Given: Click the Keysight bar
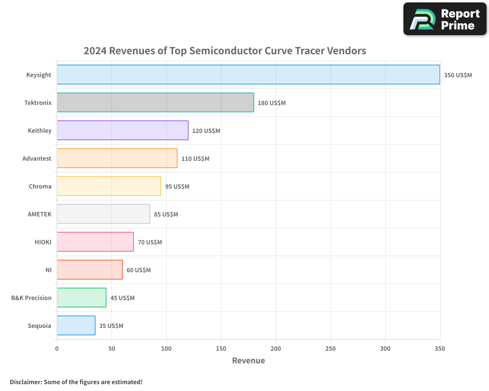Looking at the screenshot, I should point(248,75).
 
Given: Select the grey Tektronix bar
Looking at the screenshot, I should point(156,103).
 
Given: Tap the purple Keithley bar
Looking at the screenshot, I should point(122,130).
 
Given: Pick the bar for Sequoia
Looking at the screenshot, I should point(76,326).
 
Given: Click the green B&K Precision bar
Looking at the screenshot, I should point(81,298).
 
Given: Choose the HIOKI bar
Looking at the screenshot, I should point(95,242).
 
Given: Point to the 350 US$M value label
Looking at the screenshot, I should point(458,75).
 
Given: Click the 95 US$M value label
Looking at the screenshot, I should point(177,187).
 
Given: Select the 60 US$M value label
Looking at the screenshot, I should point(138,270).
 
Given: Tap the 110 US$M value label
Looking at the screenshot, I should point(195,159).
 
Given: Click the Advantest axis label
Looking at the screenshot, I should point(37,158).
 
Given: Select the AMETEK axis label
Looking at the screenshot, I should point(39,214).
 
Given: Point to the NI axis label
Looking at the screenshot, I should point(48,270).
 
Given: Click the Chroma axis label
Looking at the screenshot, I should point(40,186).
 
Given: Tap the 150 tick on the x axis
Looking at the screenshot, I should point(221,348).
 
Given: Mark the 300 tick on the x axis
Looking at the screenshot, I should point(385,348).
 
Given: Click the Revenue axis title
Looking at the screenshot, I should point(248,361).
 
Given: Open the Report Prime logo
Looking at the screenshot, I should point(445,19).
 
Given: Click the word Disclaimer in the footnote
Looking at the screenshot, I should point(25,382).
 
